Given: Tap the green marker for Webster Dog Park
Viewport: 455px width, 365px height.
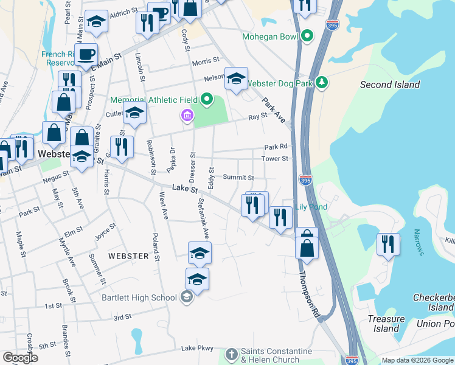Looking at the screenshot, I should (x=322, y=83).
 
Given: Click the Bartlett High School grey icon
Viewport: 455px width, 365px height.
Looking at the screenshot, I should (x=187, y=297).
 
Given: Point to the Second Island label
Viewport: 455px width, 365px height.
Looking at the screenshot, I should (x=390, y=85).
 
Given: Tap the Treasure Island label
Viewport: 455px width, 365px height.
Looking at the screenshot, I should (x=386, y=324).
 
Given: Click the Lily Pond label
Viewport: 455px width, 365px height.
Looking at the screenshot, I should (x=311, y=207).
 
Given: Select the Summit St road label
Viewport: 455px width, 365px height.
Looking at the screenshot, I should (x=238, y=177).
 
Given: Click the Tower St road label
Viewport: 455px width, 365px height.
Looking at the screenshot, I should (x=274, y=159).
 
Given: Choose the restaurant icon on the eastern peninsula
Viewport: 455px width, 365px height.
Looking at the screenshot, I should (x=388, y=245).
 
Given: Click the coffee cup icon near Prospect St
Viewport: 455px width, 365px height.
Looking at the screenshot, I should (x=86, y=54).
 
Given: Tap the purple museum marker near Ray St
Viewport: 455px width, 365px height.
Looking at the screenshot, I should (x=187, y=115).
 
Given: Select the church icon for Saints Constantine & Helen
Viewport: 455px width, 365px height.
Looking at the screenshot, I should (x=231, y=353).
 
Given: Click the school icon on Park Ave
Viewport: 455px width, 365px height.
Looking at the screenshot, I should (x=236, y=78).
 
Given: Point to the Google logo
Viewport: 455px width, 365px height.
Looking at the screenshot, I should (x=21, y=358).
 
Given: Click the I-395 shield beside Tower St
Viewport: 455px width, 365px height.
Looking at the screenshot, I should (x=306, y=179).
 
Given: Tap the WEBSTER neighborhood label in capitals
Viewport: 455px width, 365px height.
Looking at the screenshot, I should (x=128, y=256).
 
